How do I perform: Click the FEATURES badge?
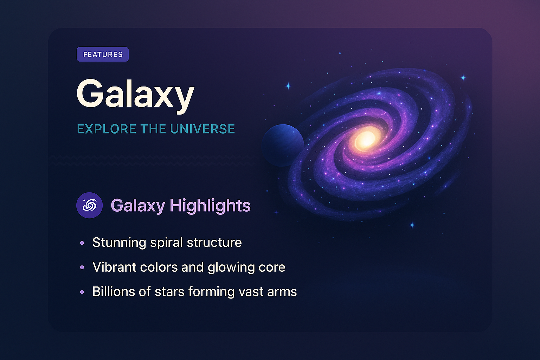click(x=103, y=54)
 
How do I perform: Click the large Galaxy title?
click(x=135, y=94)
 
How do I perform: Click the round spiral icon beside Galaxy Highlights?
click(x=89, y=205)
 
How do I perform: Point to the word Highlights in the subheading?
click(x=210, y=205)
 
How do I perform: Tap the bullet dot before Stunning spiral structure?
click(x=82, y=243)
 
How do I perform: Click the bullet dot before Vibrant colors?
click(x=82, y=267)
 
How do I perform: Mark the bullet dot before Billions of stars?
click(x=82, y=292)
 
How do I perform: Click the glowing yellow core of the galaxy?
click(x=366, y=139)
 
